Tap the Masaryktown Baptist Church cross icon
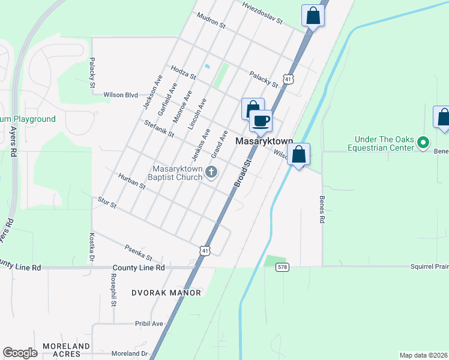[x=211, y=173]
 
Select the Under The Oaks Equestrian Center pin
[x=423, y=143]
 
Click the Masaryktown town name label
[x=264, y=142]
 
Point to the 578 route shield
[x=282, y=266]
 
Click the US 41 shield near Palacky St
[x=289, y=79]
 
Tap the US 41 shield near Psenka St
[x=205, y=250]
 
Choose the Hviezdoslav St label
[x=262, y=13]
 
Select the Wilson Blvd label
[x=121, y=95]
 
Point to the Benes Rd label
[x=322, y=209]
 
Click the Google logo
[x=20, y=353]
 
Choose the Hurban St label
[x=132, y=182]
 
